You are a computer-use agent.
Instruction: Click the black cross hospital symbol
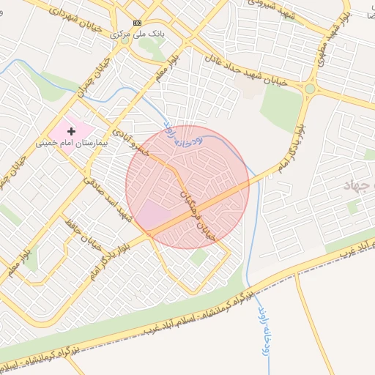71,130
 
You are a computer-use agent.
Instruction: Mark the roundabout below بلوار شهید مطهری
310,89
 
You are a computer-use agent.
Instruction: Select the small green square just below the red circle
198,257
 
